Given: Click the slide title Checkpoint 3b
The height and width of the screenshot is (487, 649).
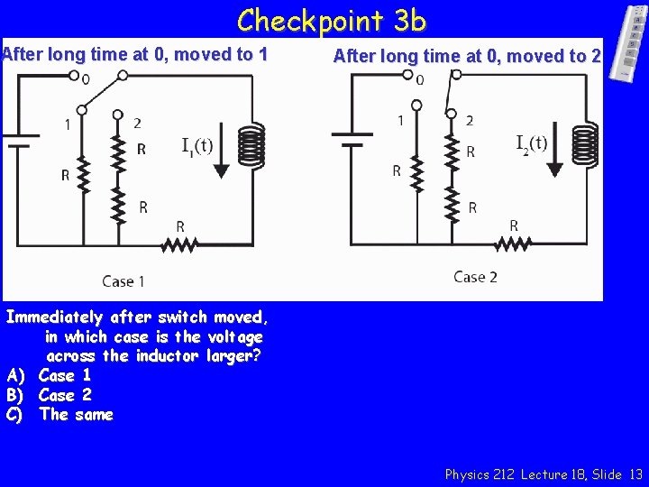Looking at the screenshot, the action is click(331, 19).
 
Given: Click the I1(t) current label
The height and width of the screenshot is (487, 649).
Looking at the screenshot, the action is click(197, 146).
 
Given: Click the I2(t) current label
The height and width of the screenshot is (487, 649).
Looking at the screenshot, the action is click(531, 142).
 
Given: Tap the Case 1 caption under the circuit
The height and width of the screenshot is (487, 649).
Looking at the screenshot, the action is click(123, 281).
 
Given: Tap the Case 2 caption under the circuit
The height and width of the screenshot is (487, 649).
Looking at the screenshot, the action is click(475, 277).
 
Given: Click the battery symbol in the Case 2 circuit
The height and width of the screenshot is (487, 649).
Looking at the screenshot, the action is click(352, 140).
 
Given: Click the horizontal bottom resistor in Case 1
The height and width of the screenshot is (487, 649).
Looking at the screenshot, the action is click(181, 244).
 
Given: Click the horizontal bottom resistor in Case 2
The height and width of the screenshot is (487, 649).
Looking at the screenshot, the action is click(515, 243).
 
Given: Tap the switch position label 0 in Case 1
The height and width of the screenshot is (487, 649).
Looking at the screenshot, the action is click(86, 79).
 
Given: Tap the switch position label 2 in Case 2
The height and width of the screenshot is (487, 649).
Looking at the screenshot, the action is click(469, 121).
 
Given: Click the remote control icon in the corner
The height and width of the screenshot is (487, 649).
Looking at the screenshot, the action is click(632, 42).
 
